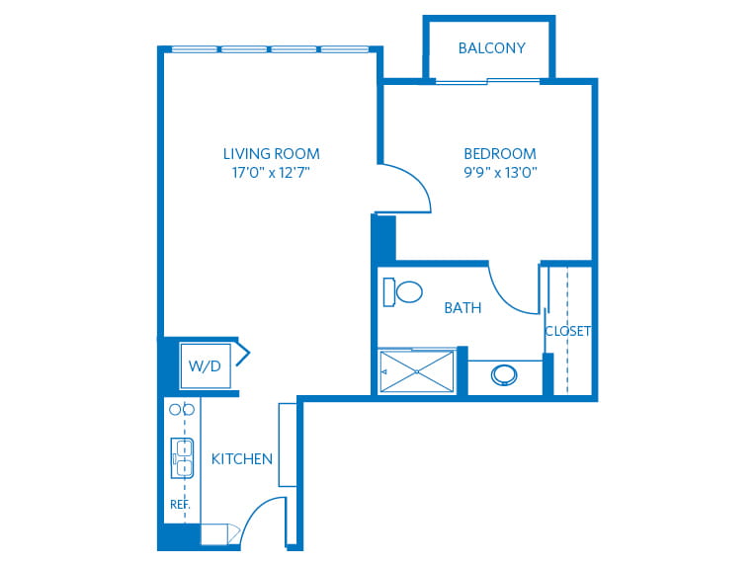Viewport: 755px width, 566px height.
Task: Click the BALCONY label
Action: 491,48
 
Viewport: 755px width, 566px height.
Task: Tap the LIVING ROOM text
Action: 272,154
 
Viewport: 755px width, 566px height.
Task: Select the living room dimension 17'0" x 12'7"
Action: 271,172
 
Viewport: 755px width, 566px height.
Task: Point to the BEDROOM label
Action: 500,154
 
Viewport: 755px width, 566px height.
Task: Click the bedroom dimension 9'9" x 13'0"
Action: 500,172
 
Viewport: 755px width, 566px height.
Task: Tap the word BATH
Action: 462,308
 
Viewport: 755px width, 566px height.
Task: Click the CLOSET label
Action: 567,331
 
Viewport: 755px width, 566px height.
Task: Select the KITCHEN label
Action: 242,459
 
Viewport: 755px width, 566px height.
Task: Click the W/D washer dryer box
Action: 206,365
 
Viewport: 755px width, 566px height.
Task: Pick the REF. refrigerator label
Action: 180,505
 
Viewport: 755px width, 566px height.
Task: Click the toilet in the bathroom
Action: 402,291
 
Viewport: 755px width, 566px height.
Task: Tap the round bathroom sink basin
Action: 504,375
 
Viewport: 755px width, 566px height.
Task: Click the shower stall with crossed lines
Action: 417,371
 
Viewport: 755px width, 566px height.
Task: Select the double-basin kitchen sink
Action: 182,457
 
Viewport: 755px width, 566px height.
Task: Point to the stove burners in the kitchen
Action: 182,410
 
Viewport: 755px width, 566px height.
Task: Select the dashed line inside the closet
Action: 567,330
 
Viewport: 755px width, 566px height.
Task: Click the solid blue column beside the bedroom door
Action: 383,238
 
